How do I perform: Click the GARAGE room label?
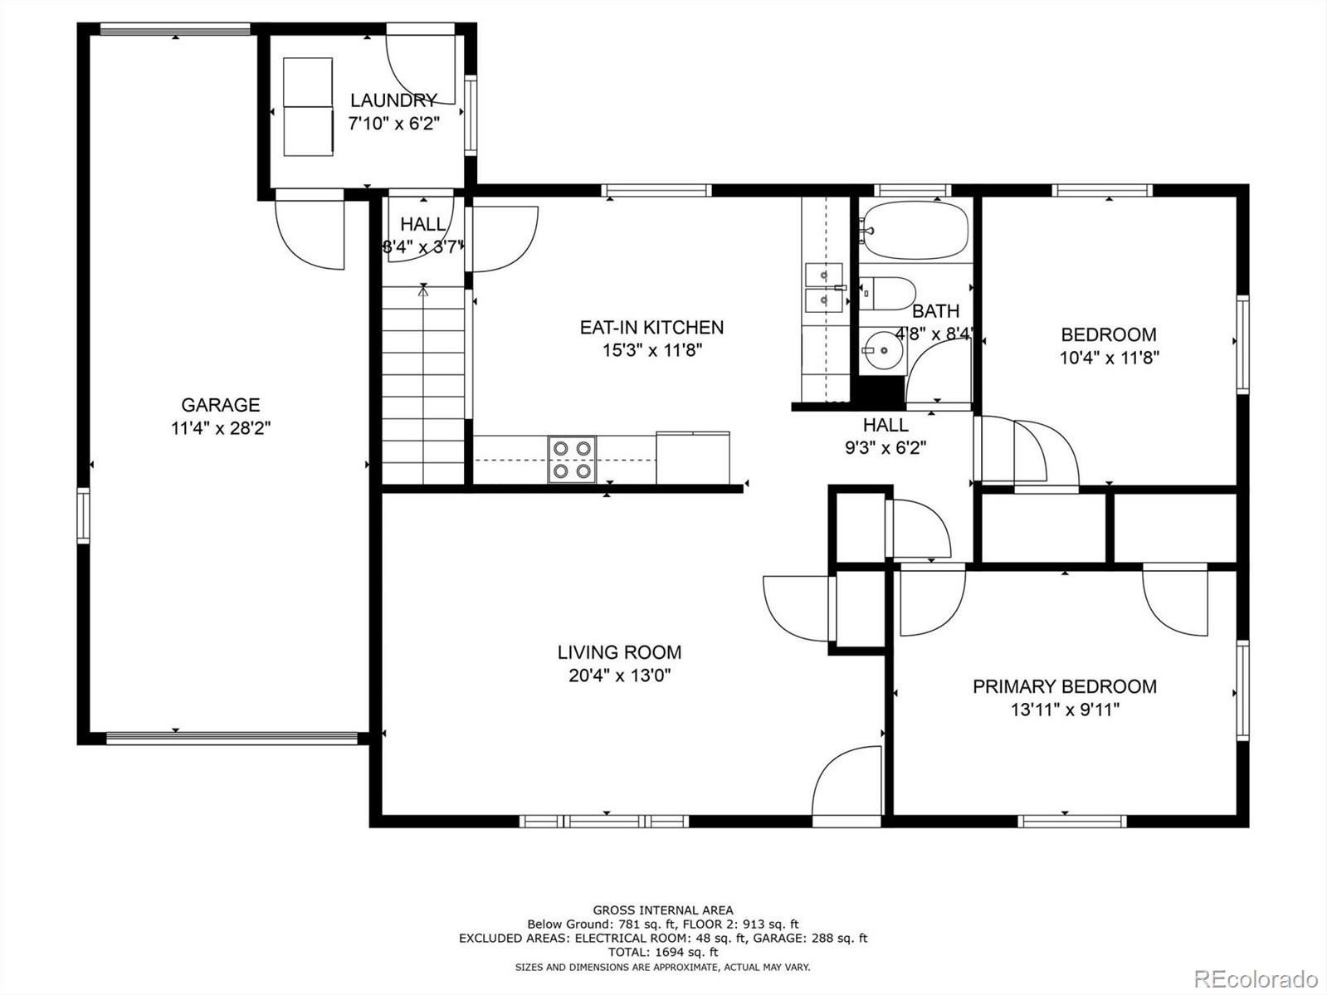click(220, 404)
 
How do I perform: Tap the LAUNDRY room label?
click(393, 100)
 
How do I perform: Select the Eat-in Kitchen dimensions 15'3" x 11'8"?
click(651, 350)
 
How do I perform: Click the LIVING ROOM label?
click(619, 652)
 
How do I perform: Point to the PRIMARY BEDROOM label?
click(1065, 686)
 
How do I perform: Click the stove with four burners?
click(572, 460)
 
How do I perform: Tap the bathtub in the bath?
click(913, 231)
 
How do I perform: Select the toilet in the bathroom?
click(887, 293)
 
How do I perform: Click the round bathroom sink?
click(883, 350)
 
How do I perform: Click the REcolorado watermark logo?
click(1256, 978)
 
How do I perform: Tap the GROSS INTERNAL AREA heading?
click(662, 910)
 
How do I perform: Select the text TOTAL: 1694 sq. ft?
click(662, 952)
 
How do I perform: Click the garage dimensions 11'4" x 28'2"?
click(220, 428)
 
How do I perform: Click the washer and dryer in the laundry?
click(308, 107)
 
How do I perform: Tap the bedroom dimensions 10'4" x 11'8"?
click(1109, 358)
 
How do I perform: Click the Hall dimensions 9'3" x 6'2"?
click(885, 448)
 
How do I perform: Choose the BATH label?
click(935, 310)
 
